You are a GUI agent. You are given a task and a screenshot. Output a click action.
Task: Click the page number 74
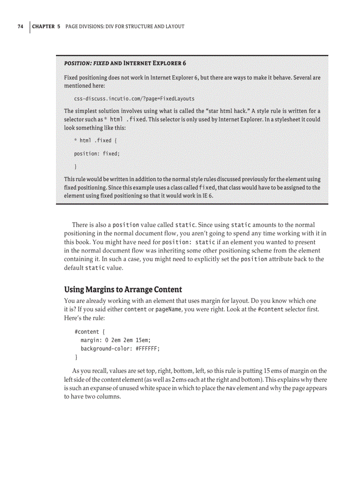(x=20, y=26)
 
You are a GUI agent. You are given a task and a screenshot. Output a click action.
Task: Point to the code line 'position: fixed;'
(x=97, y=153)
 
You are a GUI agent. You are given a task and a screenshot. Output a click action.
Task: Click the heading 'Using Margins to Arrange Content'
(x=123, y=290)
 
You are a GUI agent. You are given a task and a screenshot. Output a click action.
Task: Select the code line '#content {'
(x=90, y=331)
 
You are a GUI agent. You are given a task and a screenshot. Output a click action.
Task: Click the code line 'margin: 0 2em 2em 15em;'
(x=119, y=340)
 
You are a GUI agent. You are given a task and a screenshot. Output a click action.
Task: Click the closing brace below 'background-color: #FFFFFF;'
(x=77, y=357)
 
